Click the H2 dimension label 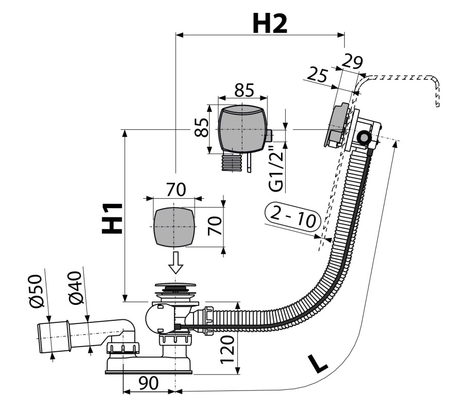click(x=270, y=24)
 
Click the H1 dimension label click(x=112, y=218)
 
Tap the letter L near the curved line click(x=318, y=364)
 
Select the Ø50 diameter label click(x=36, y=290)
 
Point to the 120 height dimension click(x=227, y=350)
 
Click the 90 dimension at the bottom click(x=148, y=383)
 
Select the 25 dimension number click(x=317, y=75)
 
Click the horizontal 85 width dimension click(x=244, y=90)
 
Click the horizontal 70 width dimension click(x=176, y=190)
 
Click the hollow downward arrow click(x=176, y=263)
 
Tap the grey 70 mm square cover click(x=173, y=227)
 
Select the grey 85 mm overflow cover click(x=242, y=129)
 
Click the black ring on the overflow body click(x=363, y=137)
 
